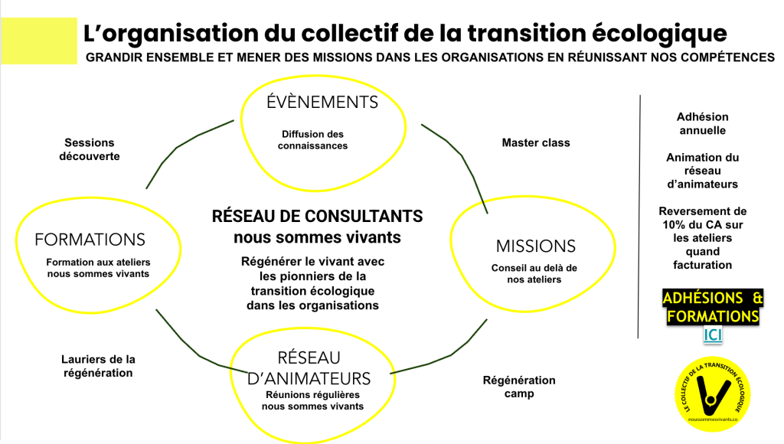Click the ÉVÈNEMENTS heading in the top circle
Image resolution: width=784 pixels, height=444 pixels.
tap(322, 102)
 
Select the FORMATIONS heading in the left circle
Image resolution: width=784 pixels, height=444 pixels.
tap(90, 240)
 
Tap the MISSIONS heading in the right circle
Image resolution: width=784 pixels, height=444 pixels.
tap(535, 246)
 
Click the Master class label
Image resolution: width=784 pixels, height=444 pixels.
tap(536, 142)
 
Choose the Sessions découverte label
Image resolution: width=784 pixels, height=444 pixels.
tap(89, 149)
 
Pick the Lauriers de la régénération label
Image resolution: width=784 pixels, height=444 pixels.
tap(98, 366)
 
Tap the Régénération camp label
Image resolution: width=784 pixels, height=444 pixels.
tap(519, 387)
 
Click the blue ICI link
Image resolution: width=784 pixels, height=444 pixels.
tap(713, 335)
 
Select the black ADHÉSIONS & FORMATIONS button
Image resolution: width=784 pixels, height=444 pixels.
tap(713, 307)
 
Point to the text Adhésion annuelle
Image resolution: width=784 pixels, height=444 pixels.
tap(702, 123)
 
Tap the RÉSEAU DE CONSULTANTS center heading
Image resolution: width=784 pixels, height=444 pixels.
tap(317, 217)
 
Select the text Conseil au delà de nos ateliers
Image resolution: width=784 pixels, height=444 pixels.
tap(534, 273)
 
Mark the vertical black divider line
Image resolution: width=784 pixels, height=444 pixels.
tap(639, 214)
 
